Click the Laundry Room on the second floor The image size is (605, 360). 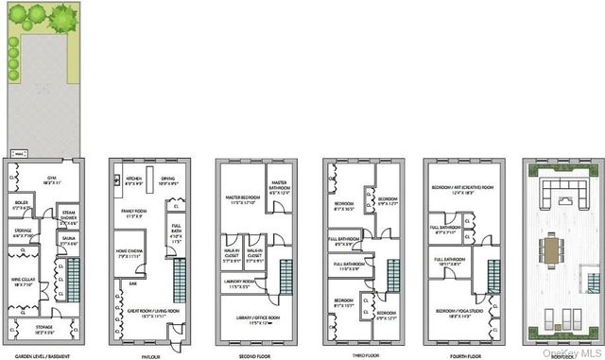(x=241, y=283)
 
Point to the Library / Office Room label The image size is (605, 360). (x=251, y=319)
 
